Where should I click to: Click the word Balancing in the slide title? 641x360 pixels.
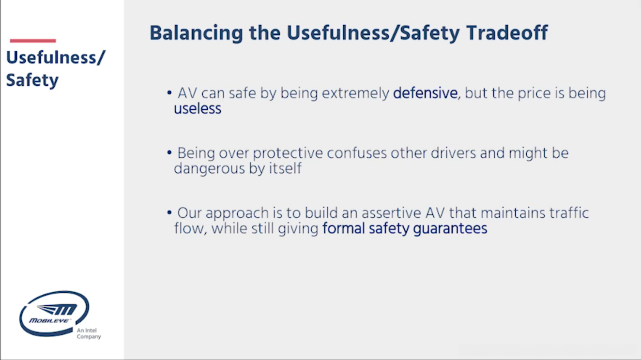[196, 34]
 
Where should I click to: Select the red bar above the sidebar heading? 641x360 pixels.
[33, 41]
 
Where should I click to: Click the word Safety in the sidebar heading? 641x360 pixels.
[32, 81]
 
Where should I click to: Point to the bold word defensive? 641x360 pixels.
[425, 93]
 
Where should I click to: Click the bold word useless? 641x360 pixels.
[198, 109]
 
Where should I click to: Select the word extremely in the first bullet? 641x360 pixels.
[355, 94]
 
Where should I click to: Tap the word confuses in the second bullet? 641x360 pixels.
[356, 153]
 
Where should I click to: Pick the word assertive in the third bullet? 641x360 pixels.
[391, 213]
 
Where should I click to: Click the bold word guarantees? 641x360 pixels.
[450, 229]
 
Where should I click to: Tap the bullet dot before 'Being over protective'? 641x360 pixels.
[169, 152]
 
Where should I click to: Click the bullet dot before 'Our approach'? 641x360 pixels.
[169, 212]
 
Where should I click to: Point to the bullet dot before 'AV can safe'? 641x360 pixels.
[169, 92]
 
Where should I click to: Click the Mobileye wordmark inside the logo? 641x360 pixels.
[49, 320]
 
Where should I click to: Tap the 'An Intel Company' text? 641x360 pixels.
[89, 333]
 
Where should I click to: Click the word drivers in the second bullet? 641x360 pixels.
[453, 153]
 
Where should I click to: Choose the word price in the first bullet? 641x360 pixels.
[534, 94]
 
